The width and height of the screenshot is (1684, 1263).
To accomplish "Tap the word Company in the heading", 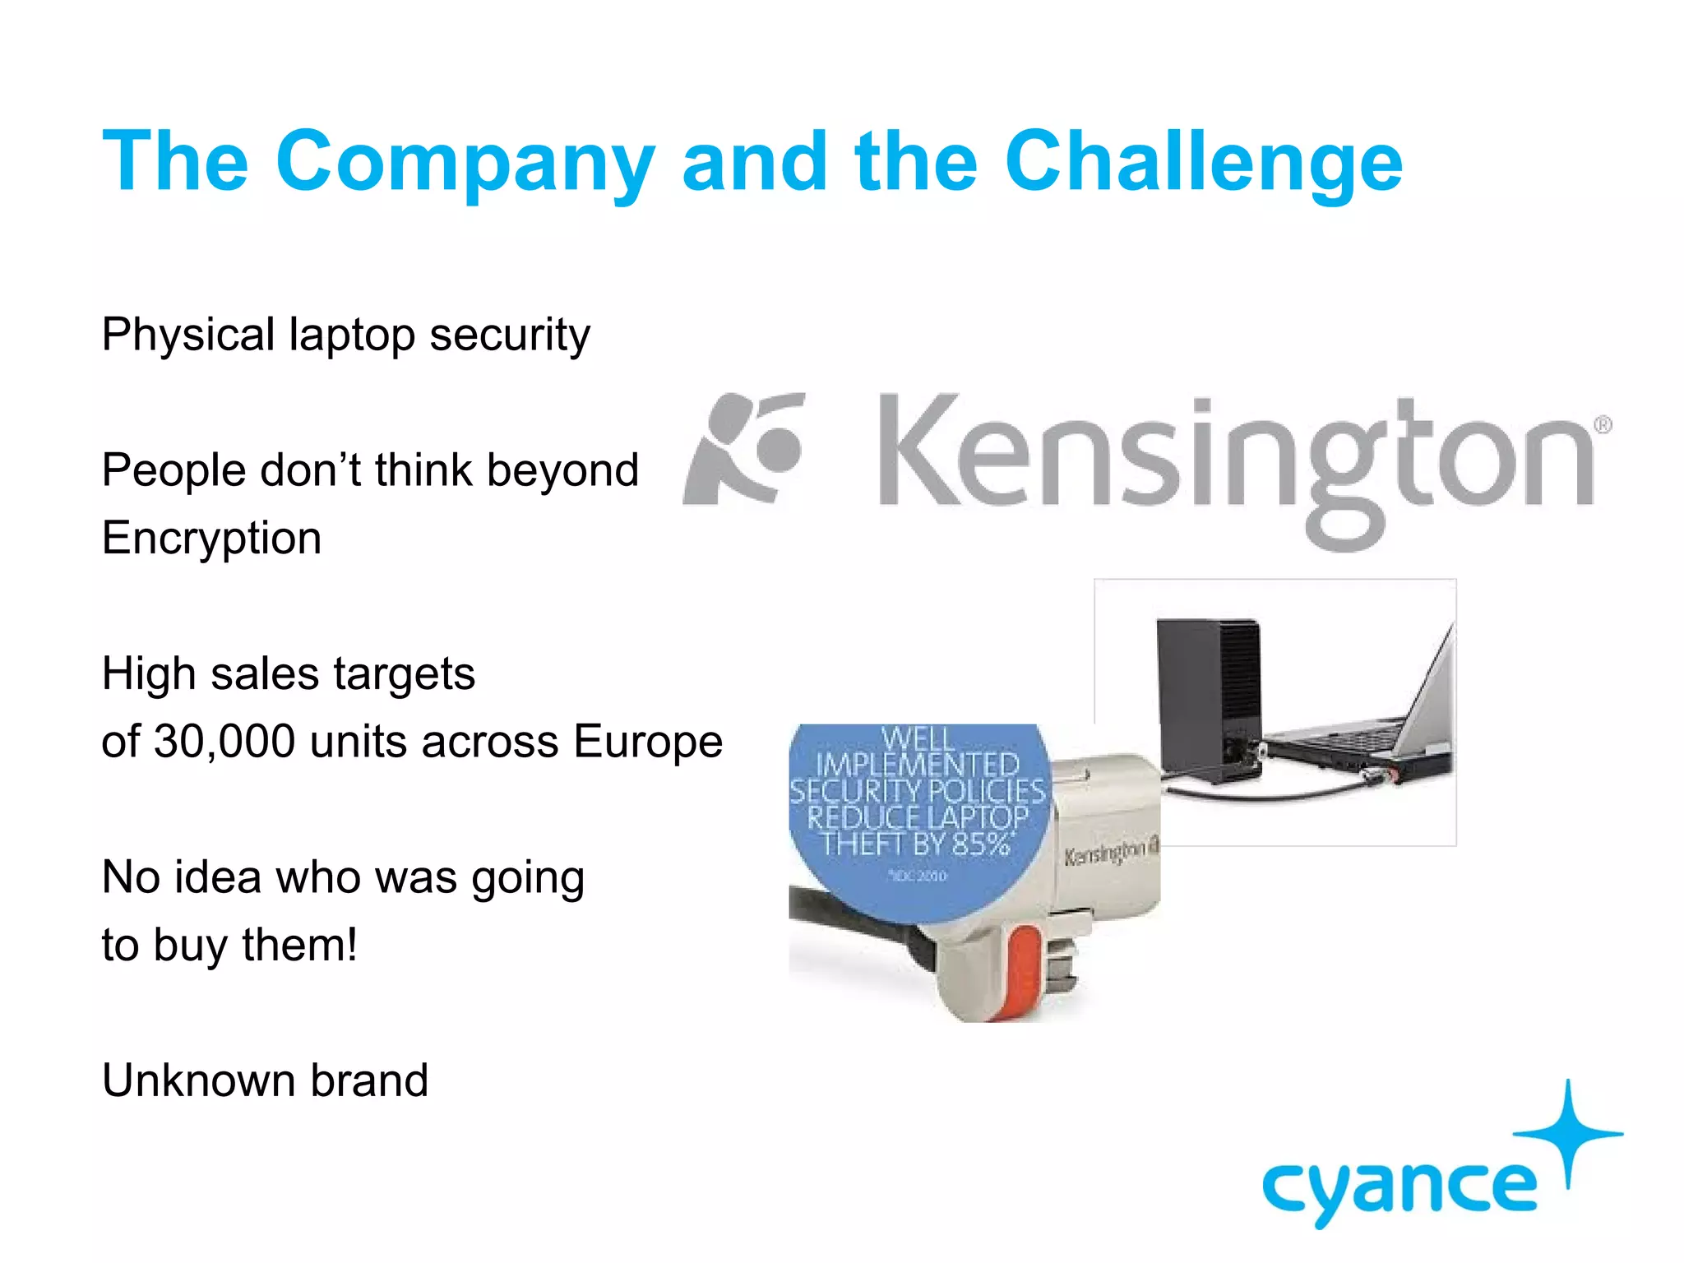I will click(x=465, y=163).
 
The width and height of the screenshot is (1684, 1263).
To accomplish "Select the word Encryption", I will click(x=211, y=539).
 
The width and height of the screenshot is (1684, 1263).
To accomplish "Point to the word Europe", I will click(x=648, y=742).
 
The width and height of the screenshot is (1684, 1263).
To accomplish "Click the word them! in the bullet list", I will click(x=299, y=945).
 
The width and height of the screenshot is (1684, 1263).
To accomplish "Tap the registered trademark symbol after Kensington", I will click(x=1603, y=425).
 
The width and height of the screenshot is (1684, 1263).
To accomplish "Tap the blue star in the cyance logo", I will click(x=1568, y=1133).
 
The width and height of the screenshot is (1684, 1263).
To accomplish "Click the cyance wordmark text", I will click(x=1399, y=1188).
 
